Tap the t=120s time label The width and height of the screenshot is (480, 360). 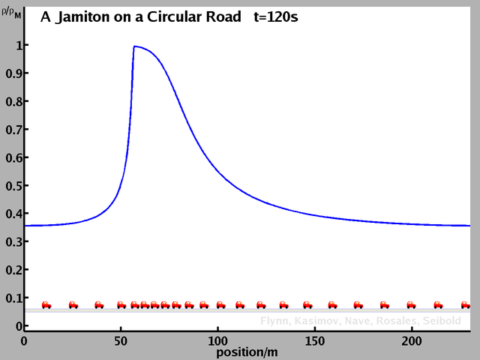(x=273, y=16)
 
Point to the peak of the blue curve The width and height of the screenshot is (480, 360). (x=134, y=46)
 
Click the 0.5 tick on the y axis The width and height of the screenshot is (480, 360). (x=12, y=186)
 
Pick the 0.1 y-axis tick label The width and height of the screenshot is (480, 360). (x=12, y=298)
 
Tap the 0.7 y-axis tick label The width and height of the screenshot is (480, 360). (x=12, y=130)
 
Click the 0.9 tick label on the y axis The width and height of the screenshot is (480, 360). (x=12, y=73)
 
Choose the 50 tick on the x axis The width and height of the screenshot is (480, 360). (x=121, y=340)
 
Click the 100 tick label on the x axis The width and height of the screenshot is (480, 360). (x=217, y=340)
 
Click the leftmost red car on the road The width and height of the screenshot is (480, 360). (x=46, y=304)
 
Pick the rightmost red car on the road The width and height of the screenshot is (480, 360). (x=466, y=304)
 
